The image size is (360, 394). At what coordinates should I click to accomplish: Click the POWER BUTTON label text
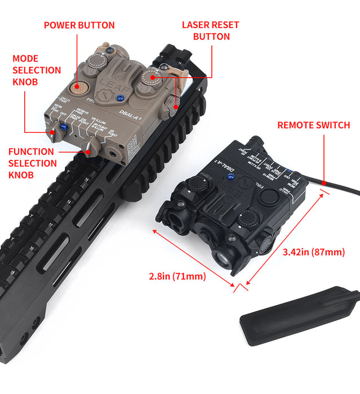pyautogui.click(x=79, y=25)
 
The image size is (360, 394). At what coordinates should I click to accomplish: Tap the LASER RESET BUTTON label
pyautogui.click(x=210, y=31)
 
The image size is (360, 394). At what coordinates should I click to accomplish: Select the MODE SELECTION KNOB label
pyautogui.click(x=36, y=70)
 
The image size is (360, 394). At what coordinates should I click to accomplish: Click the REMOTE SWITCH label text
pyautogui.click(x=313, y=125)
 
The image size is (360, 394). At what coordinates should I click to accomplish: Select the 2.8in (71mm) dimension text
pyautogui.click(x=177, y=276)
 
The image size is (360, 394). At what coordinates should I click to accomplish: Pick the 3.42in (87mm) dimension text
pyautogui.click(x=313, y=252)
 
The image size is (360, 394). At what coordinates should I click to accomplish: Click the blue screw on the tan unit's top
pyautogui.click(x=119, y=98)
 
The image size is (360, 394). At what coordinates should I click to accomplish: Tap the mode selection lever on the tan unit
pyautogui.click(x=52, y=132)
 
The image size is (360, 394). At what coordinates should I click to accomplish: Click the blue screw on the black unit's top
pyautogui.click(x=230, y=178)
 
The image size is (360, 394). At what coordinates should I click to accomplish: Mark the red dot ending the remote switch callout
pyautogui.click(x=326, y=181)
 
